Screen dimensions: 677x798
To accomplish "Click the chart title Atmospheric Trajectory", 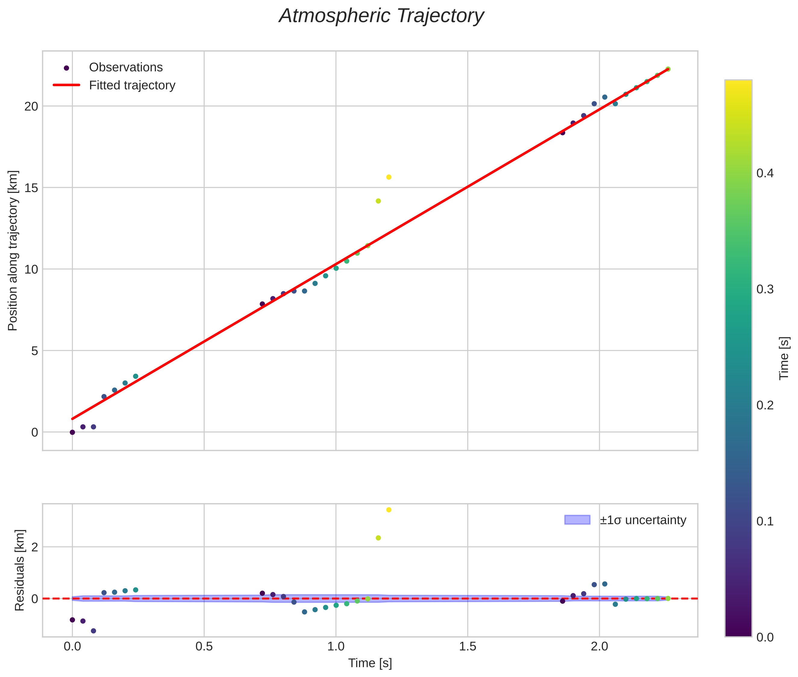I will [381, 16].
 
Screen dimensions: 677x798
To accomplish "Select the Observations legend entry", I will [125, 68].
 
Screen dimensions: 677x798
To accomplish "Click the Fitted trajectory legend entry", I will [132, 85].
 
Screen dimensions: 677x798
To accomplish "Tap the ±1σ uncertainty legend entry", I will [643, 520].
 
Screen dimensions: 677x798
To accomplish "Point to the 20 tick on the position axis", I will [31, 106].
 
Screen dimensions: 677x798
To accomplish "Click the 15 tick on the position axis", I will [31, 188].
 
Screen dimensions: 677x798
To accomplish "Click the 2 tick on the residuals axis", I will [35, 547].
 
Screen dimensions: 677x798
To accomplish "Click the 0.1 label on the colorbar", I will [765, 521].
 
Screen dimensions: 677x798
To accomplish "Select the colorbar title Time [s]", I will [784, 358].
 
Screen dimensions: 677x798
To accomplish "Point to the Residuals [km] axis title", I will [19, 570].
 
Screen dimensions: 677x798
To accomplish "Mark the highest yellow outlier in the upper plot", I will [388, 177].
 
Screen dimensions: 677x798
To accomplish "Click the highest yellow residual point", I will [388, 510].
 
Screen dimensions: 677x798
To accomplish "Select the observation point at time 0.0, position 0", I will [72, 432].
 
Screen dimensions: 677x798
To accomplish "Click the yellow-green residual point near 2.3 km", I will [378, 538].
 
